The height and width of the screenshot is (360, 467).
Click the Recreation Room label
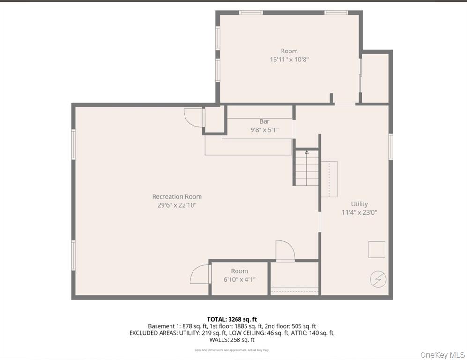(x=177, y=197)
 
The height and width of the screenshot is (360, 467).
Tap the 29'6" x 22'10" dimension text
(x=177, y=205)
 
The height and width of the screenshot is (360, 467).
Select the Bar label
(x=264, y=121)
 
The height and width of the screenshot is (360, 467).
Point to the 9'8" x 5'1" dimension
(x=264, y=130)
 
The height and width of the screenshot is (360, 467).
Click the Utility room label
(x=359, y=204)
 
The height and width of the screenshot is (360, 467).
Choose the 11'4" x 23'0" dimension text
(x=359, y=212)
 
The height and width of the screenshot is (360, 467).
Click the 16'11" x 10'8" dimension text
(x=289, y=60)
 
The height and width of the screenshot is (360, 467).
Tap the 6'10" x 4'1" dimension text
(x=239, y=279)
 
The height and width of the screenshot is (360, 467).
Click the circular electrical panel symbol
(x=377, y=279)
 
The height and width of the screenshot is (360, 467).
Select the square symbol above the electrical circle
(x=377, y=249)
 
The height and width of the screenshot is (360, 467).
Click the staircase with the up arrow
(x=307, y=168)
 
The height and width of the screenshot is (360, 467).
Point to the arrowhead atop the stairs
(x=307, y=152)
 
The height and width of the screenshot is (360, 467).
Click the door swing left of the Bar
(x=193, y=117)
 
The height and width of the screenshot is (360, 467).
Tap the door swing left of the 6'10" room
(x=200, y=275)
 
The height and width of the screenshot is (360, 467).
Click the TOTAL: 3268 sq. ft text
(x=232, y=319)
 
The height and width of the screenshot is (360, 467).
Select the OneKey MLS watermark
(x=442, y=354)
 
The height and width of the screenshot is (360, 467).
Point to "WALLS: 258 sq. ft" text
(x=232, y=340)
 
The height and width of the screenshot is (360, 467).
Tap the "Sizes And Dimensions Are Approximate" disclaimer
(x=232, y=350)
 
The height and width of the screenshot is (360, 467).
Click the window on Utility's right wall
(x=390, y=146)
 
